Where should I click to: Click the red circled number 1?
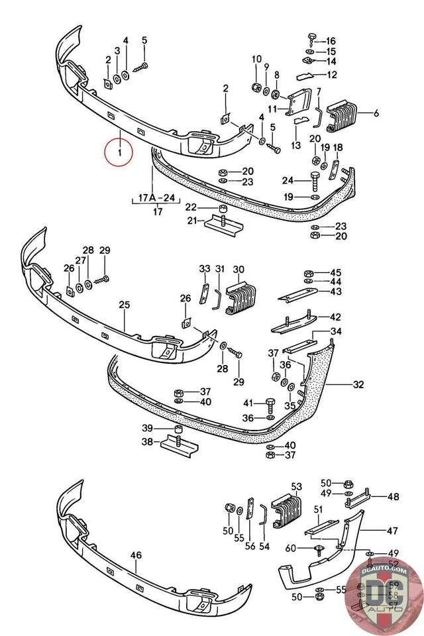tap(119, 154)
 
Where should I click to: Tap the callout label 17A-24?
tap(157, 197)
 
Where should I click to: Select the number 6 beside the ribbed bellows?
tap(376, 114)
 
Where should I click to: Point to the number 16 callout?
tap(331, 41)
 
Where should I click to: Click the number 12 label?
tap(331, 75)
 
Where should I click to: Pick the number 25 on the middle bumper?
tap(124, 305)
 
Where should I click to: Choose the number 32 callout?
tap(358, 384)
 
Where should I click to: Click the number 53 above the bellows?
tap(296, 486)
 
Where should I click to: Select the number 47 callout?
tap(392, 530)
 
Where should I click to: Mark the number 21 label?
tap(191, 221)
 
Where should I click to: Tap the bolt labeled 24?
tap(315, 179)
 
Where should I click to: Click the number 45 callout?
tap(336, 273)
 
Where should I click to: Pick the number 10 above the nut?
tap(256, 60)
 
